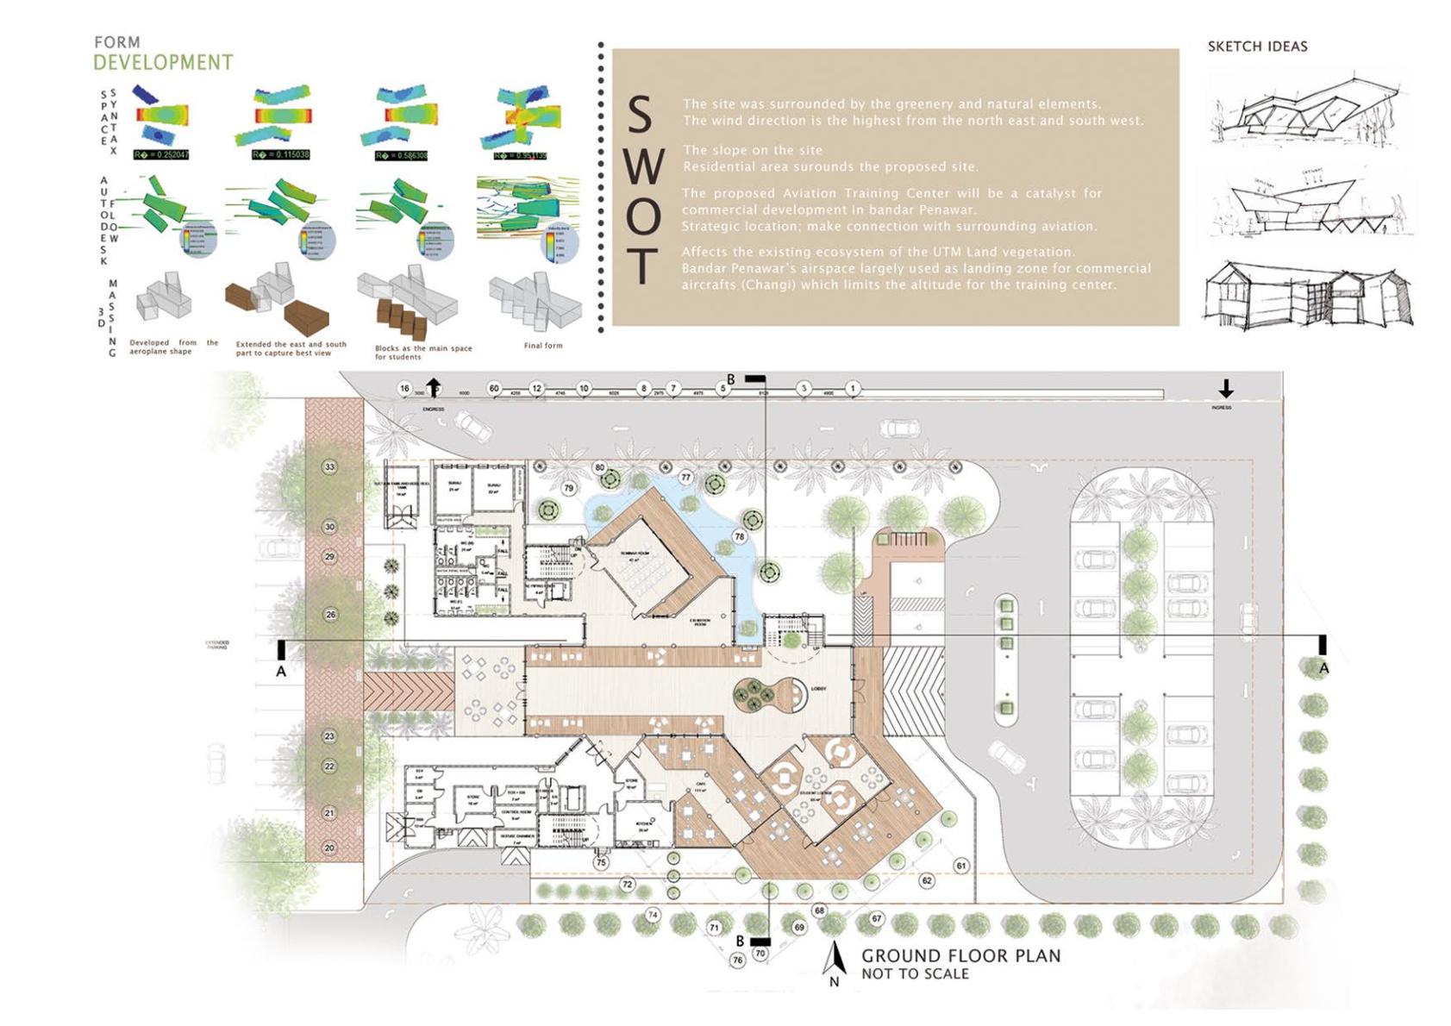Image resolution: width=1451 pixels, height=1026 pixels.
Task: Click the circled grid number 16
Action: click(404, 389)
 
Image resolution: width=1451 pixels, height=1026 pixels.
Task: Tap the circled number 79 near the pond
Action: click(568, 488)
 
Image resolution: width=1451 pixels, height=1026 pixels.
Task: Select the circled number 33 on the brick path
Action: click(329, 467)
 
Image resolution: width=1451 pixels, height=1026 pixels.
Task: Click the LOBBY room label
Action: click(818, 689)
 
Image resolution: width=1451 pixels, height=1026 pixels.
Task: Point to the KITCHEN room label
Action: click(643, 823)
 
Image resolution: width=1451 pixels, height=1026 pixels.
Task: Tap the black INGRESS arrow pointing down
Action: click(1225, 389)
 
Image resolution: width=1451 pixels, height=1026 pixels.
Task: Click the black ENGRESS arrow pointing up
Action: click(433, 387)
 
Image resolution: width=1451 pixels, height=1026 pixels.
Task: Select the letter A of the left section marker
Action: click(281, 671)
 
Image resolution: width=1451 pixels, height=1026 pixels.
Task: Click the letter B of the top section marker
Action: click(731, 379)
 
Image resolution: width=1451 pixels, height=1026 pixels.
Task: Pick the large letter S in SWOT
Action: click(639, 116)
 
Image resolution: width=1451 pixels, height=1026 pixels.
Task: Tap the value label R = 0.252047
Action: click(161, 155)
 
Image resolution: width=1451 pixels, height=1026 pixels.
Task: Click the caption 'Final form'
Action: click(543, 346)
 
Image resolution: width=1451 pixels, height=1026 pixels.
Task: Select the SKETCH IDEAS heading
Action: click(1257, 47)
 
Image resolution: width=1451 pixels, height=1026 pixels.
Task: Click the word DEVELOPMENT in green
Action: click(163, 63)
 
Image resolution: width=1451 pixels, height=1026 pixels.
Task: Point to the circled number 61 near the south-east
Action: click(961, 866)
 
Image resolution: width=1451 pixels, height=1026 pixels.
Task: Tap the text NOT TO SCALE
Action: click(915, 974)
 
